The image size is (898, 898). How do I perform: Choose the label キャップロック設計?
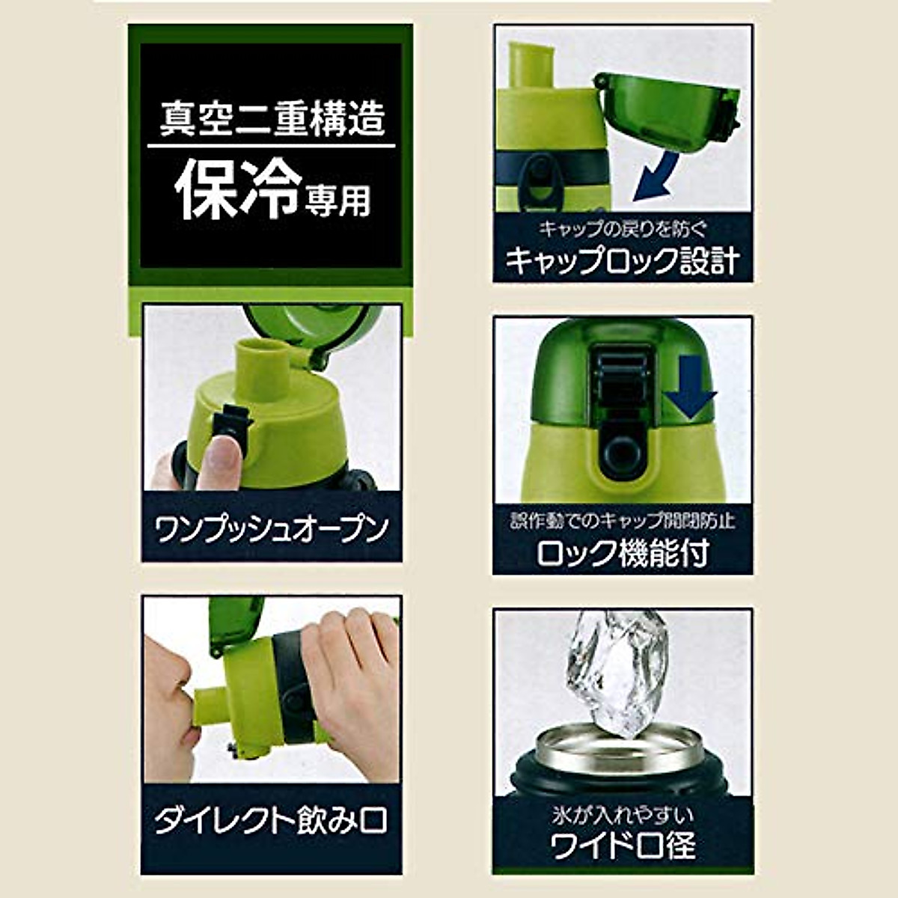pyautogui.click(x=623, y=260)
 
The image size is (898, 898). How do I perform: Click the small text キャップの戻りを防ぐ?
pyautogui.click(x=623, y=228)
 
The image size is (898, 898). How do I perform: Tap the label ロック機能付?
pyautogui.click(x=623, y=553)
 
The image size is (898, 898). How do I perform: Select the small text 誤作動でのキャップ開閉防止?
pyautogui.click(x=623, y=521)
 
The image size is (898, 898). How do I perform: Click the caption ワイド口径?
pyautogui.click(x=623, y=846)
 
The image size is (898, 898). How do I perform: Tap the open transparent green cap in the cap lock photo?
pyautogui.click(x=666, y=105)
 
